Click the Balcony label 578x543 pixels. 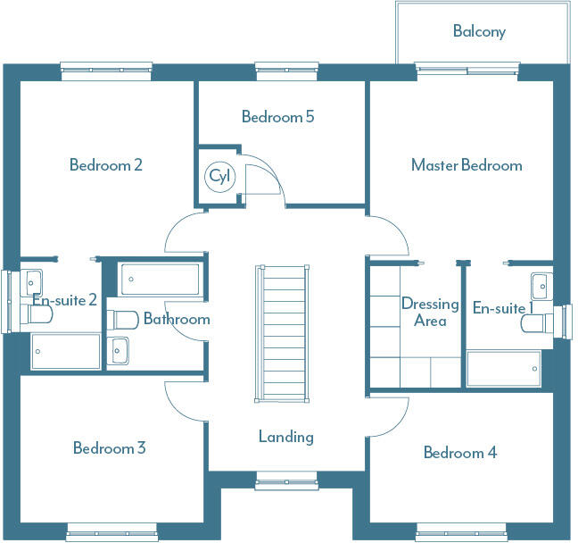[x=479, y=31]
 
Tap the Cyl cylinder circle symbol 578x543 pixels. [x=219, y=177]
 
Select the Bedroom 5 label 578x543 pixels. [x=277, y=116]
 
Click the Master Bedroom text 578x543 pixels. [x=467, y=164]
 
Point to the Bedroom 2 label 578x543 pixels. [x=106, y=164]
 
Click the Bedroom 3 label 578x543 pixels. [x=109, y=447]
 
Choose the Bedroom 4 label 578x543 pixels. [x=460, y=452]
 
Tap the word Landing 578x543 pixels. [x=286, y=437]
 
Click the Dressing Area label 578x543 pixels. [x=430, y=312]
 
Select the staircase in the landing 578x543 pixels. [x=284, y=333]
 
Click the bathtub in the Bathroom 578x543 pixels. [x=161, y=279]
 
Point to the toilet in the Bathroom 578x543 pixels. [x=122, y=319]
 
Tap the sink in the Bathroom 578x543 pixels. [x=120, y=351]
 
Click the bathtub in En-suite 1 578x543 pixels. [x=503, y=368]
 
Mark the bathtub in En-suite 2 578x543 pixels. [x=66, y=351]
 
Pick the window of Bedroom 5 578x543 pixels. [x=278, y=67]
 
